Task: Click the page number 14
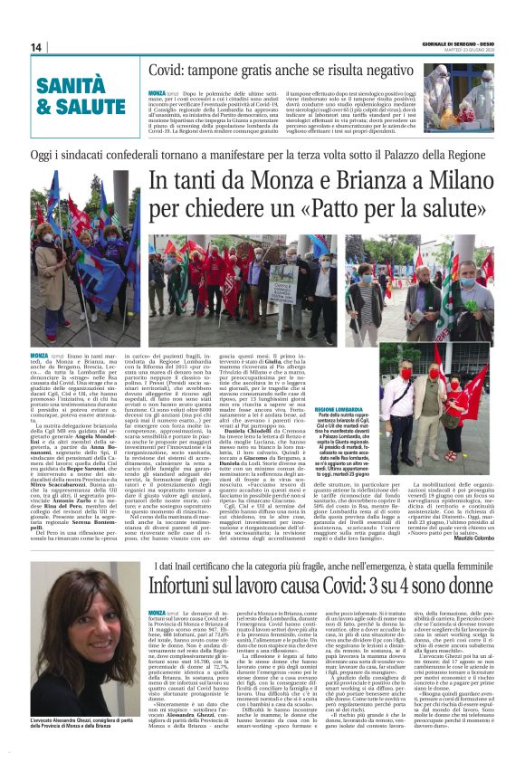click(36, 47)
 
